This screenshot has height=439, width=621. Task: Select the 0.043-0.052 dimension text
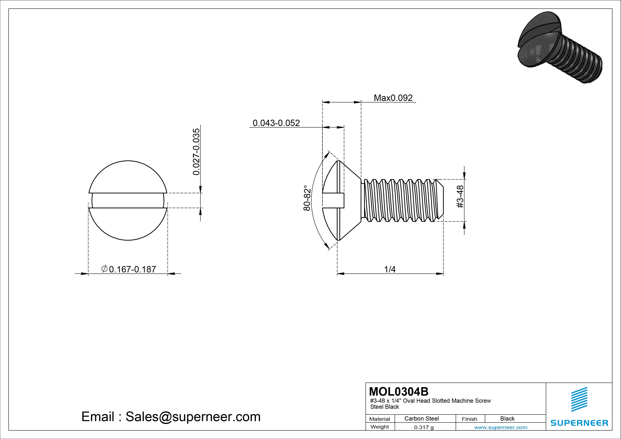[x=276, y=123]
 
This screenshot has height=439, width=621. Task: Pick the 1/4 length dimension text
[x=390, y=269]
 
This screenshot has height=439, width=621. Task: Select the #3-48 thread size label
[x=460, y=197]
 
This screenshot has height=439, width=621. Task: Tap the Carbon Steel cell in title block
[x=421, y=418]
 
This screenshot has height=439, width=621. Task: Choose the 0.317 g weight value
[x=424, y=427]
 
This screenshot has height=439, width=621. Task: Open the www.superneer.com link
[x=501, y=427]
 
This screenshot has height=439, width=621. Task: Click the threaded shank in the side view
[x=400, y=200]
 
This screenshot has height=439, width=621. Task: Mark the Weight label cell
[x=380, y=427]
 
